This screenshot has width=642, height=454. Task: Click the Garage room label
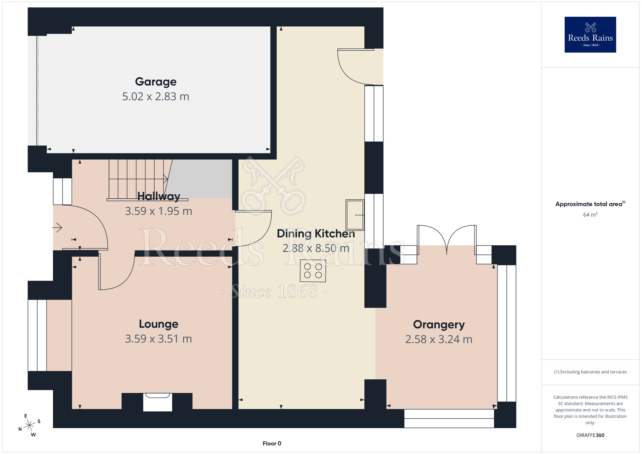coord(156,82)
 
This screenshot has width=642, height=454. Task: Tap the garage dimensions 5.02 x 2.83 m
coord(156,97)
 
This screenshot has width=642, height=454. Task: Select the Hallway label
coord(159,196)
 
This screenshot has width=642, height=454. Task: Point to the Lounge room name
coord(159,324)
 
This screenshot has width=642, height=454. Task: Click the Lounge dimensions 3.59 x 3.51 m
coord(159,339)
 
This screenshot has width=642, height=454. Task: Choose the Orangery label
coord(439,325)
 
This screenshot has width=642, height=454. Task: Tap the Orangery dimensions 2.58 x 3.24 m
coord(439,339)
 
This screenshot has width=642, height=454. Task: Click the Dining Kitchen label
coord(316,234)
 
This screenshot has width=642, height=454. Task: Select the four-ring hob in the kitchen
coord(313,271)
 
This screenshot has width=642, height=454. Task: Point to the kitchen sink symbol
coord(355,215)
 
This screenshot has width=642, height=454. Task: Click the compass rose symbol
coord(30,425)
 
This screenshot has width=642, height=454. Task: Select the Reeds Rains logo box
coord(590,35)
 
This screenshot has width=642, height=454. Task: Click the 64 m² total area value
coord(590,214)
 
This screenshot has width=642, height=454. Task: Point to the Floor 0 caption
coord(272,443)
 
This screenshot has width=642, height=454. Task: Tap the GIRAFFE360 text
coord(590,435)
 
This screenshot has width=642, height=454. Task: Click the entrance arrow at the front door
coord(57,228)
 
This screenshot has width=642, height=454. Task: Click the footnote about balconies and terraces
coord(590,372)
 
